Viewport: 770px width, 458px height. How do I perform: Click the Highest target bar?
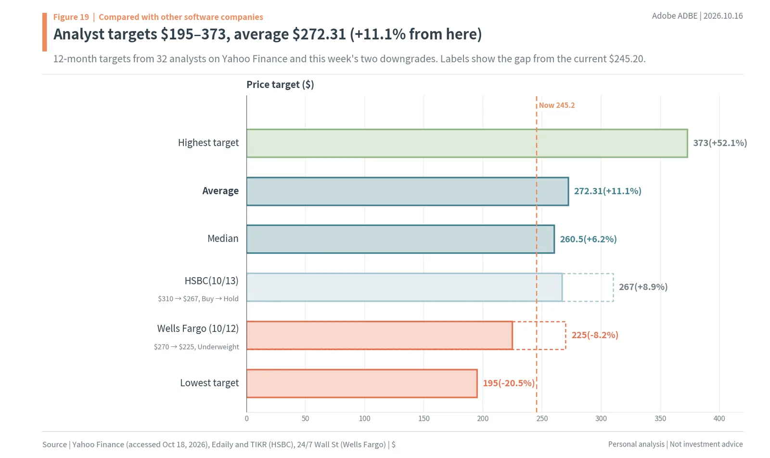(467, 143)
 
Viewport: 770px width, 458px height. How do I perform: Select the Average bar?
(408, 191)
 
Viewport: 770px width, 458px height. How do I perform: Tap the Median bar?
(400, 239)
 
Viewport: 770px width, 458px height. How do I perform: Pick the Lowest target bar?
(362, 383)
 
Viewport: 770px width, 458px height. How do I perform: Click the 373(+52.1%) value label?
(720, 143)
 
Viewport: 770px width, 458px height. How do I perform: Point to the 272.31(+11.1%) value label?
(608, 191)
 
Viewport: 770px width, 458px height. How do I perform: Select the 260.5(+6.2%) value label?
(588, 239)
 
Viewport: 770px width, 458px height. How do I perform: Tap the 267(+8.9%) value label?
(643, 287)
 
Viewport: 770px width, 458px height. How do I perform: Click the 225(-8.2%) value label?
(595, 335)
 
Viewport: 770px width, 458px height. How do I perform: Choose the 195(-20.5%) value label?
(509, 383)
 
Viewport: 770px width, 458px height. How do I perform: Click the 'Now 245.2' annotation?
(556, 105)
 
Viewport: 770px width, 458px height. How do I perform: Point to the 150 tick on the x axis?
(424, 419)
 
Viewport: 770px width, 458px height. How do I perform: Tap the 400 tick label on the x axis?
(719, 419)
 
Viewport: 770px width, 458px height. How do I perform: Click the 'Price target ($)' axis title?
(280, 85)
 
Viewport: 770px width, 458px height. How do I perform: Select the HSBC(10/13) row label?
(211, 280)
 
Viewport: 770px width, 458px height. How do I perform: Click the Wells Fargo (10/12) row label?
(198, 329)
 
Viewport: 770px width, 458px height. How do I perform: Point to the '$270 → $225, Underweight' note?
(196, 347)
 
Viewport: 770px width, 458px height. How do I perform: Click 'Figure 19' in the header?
(71, 17)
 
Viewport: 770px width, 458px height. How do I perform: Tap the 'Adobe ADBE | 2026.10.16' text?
(697, 16)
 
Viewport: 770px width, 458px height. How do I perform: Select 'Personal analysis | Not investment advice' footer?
(675, 444)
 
